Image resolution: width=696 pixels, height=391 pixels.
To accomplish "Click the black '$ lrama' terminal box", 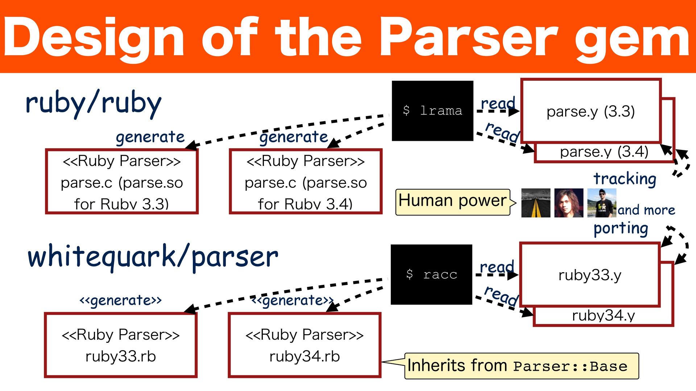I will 432,110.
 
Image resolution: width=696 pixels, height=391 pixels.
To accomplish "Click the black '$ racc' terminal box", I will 431,274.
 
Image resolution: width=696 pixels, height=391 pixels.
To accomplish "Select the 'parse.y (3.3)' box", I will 591,111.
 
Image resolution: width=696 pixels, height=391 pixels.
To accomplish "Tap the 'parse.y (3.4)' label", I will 604,152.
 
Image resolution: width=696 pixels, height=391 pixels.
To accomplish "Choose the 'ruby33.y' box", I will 590,275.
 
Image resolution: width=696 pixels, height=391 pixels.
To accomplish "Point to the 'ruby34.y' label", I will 603,315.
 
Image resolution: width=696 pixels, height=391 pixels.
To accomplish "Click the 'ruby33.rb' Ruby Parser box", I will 121,345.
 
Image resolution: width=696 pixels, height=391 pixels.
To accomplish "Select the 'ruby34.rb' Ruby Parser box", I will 304,345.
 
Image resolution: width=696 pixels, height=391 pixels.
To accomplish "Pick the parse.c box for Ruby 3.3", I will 122,181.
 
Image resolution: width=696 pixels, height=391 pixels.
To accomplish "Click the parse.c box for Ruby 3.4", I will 306,181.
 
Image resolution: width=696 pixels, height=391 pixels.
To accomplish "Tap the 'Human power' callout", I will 453,201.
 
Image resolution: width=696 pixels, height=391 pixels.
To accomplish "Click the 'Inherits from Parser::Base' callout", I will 521,366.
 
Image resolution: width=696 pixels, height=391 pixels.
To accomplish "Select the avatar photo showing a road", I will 535,203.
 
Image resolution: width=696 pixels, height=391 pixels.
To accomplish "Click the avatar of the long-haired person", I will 569,203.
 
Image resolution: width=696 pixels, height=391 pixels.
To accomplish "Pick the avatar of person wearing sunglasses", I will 602,203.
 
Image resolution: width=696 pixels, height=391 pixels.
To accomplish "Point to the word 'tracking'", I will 625,179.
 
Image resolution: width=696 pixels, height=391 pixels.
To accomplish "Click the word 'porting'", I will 621,228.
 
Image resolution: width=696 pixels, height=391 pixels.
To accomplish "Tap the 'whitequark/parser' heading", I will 153,257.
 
